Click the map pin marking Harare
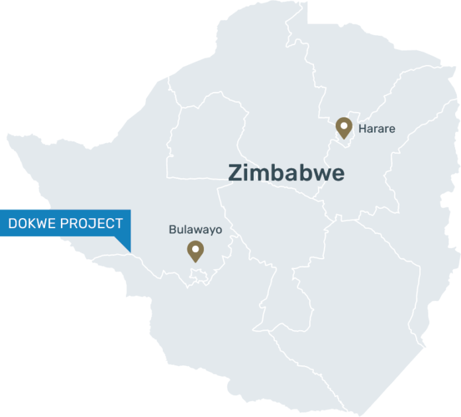pos(343,127)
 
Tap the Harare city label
pos(376,129)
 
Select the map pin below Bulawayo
pos(195,251)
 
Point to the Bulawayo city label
pos(195,231)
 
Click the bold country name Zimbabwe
pos(286,172)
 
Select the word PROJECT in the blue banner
pos(91,223)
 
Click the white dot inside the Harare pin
pos(343,124)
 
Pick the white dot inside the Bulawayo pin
pos(195,248)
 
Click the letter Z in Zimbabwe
pos(235,172)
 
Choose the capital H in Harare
pos(362,129)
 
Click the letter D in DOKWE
pos(13,223)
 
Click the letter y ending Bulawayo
pos(209,232)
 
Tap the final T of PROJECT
pos(119,223)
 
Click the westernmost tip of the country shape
pos(7,136)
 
